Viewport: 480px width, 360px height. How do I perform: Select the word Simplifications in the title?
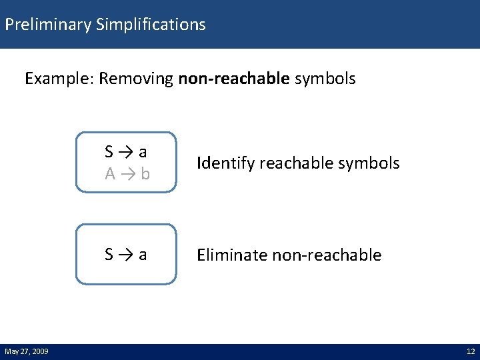[151, 25]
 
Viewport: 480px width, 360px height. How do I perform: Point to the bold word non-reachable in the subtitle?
[234, 79]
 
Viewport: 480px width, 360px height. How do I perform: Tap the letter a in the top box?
[143, 152]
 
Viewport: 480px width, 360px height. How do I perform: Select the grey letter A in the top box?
[110, 174]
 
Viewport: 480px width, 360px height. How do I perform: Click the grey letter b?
[145, 174]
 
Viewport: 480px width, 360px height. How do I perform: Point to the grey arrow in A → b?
[127, 175]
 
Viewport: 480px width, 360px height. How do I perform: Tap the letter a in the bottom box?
[143, 255]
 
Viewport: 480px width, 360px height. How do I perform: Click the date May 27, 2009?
[27, 351]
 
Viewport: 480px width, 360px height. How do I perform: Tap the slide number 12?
[471, 351]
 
